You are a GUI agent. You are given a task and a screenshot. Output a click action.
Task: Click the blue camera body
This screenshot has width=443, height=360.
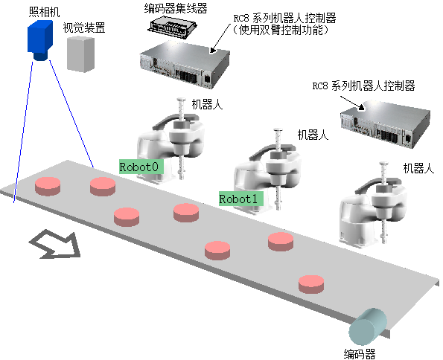40,37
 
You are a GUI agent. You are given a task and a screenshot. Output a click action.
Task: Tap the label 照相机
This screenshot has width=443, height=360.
45,12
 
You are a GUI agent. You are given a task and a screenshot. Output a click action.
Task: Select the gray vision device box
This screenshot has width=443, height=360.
80,54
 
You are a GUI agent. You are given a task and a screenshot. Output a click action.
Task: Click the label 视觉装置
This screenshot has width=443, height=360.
84,28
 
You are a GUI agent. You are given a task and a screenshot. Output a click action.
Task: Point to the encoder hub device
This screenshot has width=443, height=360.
172,28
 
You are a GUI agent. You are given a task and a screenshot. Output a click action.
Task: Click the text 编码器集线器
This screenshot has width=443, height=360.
176,8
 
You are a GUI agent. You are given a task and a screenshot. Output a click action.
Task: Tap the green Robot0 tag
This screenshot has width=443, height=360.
141,167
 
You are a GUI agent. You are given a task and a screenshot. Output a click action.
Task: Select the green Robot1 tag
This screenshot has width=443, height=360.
241,199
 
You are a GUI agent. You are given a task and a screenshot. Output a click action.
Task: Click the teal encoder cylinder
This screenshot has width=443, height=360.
368,327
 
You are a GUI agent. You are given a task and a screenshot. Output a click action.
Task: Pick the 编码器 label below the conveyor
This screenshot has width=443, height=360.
360,354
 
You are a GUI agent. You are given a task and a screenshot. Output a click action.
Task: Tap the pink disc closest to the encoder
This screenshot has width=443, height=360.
311,284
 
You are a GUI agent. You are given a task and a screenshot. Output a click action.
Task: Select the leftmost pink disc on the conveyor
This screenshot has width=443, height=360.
48,187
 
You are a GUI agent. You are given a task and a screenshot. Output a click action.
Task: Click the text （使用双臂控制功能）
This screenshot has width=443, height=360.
281,30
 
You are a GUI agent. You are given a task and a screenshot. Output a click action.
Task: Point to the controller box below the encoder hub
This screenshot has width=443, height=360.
185,64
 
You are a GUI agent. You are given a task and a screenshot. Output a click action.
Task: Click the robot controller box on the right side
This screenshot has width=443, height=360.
385,124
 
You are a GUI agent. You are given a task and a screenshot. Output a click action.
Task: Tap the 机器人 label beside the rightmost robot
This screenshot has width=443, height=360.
418,168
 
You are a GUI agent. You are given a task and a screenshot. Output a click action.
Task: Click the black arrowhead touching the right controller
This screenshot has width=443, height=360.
361,107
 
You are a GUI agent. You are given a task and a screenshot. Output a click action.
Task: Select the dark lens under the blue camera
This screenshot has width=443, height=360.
41,56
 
